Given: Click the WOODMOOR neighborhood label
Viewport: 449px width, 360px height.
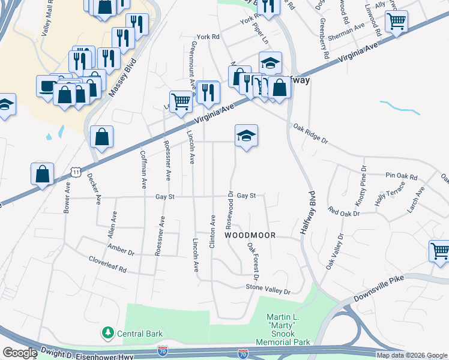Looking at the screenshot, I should coord(250,236).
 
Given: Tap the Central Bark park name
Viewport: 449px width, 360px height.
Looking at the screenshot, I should coord(138,333).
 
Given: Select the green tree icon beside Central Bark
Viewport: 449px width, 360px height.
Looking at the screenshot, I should coord(107,332).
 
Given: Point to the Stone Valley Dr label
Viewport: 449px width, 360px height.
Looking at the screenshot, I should coord(268,289).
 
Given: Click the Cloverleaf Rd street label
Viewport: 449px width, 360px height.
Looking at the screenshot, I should coord(107,265).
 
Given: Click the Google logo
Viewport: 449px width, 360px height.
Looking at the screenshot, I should coord(20,353).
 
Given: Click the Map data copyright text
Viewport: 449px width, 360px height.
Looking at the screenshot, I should coord(412,355).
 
